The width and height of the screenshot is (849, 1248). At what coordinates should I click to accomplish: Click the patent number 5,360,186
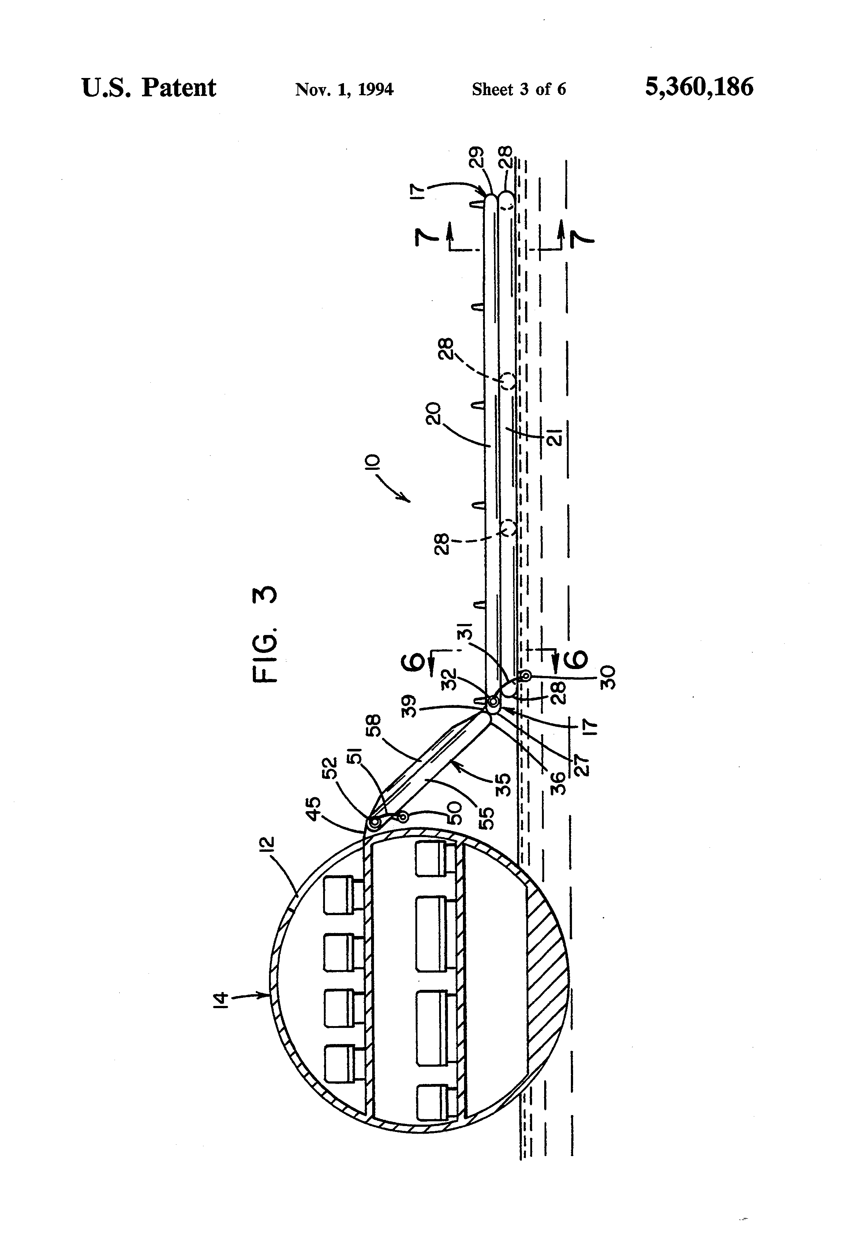pos(699,87)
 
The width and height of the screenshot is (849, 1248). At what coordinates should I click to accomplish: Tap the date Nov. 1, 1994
pos(344,89)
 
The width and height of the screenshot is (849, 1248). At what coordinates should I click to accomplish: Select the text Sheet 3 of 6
pos(519,89)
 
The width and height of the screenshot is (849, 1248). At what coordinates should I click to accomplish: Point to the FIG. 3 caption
pos(266,634)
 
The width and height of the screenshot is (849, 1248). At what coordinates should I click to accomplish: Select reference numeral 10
pos(374,463)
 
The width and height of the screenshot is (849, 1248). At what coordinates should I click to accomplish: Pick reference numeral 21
pos(556,438)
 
